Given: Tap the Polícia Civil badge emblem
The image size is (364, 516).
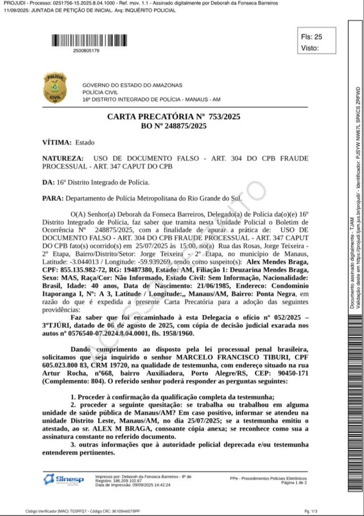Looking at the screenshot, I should pos(55,88).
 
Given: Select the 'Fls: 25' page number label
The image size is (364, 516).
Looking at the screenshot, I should pos(312,37).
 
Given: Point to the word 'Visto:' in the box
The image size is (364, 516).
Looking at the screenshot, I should pos(310,48).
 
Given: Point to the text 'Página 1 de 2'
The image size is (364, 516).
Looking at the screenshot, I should pos(293,483).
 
